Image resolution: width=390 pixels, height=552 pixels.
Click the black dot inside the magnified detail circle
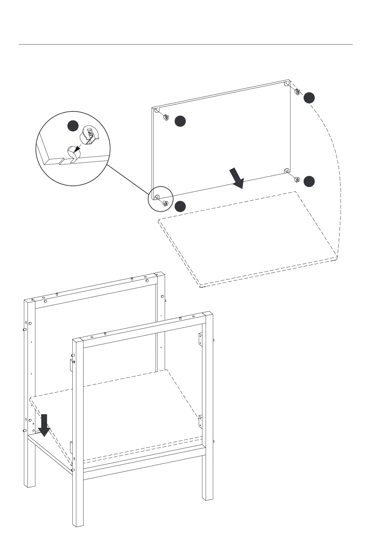click(73, 126)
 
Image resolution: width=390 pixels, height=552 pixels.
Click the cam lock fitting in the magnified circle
click(91, 135)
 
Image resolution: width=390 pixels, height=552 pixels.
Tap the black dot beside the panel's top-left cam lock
click(180, 121)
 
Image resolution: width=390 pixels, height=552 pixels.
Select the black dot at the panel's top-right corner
click(309, 98)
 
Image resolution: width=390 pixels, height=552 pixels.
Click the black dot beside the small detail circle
click(180, 207)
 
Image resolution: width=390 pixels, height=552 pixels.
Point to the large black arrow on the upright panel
click(237, 178)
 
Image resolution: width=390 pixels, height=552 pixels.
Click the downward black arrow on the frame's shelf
click(44, 425)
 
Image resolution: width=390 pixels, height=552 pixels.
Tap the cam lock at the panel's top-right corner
click(297, 91)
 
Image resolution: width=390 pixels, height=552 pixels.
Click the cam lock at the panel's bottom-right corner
click(297, 179)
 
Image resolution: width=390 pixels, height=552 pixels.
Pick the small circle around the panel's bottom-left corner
click(160, 199)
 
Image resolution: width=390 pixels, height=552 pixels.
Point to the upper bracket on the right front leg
click(200, 339)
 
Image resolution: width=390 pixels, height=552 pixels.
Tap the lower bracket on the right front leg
click(200, 421)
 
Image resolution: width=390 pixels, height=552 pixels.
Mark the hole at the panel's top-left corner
click(157, 111)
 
